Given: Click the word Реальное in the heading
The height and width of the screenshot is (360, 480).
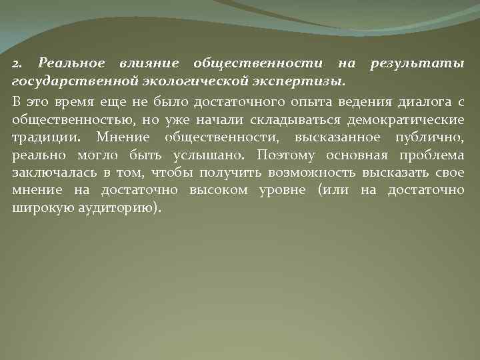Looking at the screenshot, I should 72,63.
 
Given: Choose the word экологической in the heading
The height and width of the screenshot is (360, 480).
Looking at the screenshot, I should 193,81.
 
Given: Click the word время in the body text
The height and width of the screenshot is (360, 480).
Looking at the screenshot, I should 72,103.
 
